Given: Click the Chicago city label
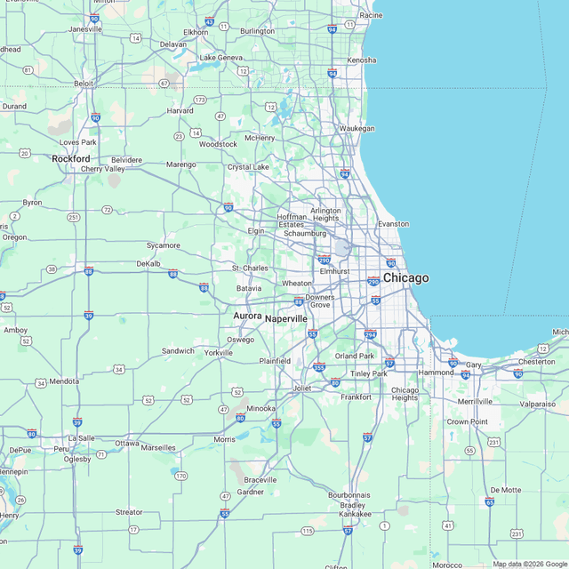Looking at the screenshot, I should (x=405, y=278).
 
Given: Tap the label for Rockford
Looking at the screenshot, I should (x=71, y=158).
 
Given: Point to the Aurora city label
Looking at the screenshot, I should (x=247, y=316).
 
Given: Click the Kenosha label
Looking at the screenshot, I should (x=362, y=60).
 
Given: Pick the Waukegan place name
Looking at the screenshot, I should (x=357, y=128).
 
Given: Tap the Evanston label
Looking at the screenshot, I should (x=394, y=224).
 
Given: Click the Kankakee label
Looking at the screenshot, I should (x=355, y=514).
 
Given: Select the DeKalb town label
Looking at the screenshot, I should (x=148, y=263).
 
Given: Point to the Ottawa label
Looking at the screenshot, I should (x=127, y=443).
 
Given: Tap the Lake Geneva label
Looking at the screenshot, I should (x=220, y=58).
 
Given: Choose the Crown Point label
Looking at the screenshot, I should (x=468, y=421).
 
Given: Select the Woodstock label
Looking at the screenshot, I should (x=218, y=144).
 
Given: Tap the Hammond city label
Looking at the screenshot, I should (x=437, y=373).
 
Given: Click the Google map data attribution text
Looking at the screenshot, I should (x=530, y=564).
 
